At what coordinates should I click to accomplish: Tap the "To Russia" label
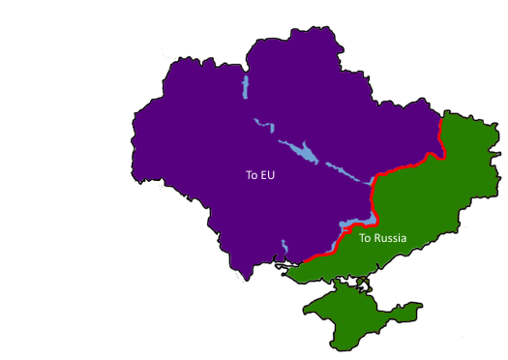coord(382,238)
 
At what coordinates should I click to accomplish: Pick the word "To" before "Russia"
coord(365,238)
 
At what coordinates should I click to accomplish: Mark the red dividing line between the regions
coord(406,166)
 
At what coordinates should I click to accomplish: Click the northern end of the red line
coord(440,122)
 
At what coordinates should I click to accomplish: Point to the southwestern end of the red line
coord(304,261)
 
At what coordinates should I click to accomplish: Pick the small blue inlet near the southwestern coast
coord(283,247)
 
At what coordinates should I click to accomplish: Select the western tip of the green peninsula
coord(305,313)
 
